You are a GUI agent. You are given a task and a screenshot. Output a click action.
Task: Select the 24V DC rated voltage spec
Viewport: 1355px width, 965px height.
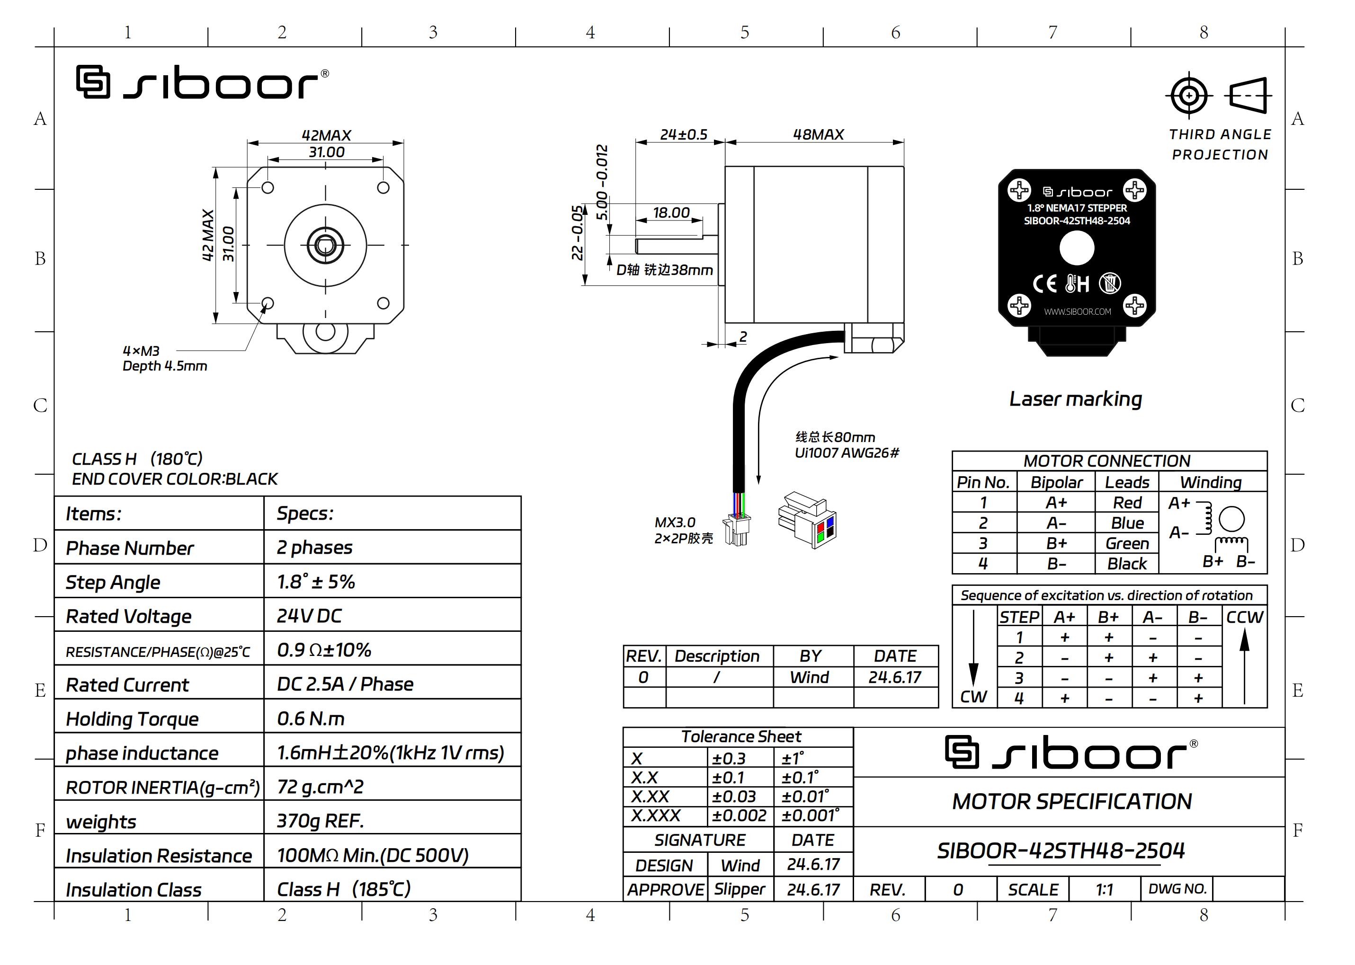click(309, 616)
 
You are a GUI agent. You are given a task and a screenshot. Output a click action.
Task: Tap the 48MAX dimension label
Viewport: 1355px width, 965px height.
click(818, 134)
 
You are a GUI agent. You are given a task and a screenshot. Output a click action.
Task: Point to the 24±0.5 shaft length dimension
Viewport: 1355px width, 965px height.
click(684, 134)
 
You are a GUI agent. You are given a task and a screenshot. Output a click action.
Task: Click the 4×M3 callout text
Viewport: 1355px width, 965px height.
click(141, 351)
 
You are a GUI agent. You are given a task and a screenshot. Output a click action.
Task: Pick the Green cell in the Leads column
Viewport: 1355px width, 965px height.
click(1127, 543)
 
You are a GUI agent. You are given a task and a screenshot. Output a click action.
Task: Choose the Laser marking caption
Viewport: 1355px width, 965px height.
click(1076, 398)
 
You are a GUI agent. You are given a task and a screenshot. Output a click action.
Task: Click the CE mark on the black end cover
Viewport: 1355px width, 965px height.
click(1045, 283)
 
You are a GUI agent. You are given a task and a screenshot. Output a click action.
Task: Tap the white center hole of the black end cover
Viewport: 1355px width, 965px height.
click(1077, 248)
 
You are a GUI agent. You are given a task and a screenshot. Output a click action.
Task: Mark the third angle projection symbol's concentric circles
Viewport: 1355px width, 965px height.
click(1189, 95)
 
